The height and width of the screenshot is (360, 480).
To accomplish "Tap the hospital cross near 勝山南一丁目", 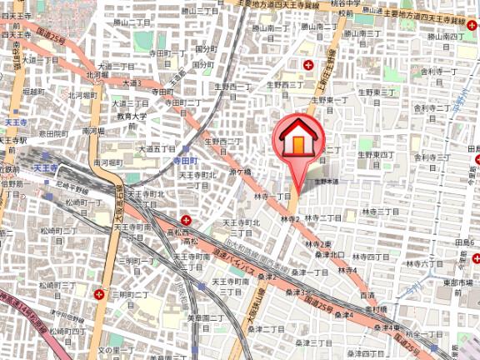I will pyautogui.click(x=309, y=64).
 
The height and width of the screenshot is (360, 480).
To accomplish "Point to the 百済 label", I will pyautogui.click(x=367, y=295).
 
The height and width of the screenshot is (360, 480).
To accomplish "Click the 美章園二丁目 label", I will pyautogui.click(x=202, y=318).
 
